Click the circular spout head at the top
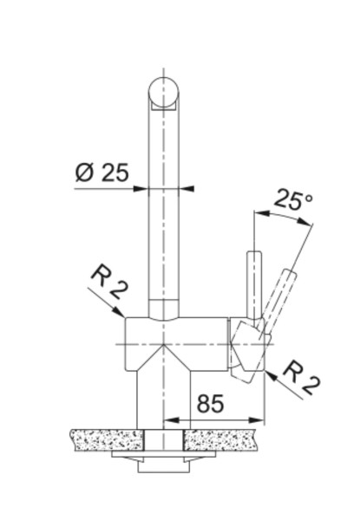click(165, 92)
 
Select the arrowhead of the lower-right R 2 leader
click(270, 374)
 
